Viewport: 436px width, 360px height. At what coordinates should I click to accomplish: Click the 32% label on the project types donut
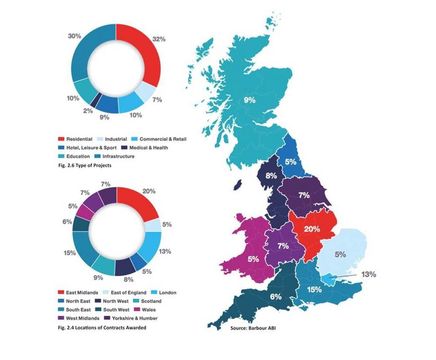(157, 39)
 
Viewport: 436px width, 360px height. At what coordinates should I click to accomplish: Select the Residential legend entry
(41, 136)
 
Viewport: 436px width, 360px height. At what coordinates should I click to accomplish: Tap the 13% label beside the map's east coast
(368, 274)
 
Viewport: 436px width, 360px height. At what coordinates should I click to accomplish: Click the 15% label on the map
(314, 288)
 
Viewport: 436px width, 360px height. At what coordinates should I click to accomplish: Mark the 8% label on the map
(271, 176)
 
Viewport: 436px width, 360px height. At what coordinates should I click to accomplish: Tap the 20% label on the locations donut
(148, 190)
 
